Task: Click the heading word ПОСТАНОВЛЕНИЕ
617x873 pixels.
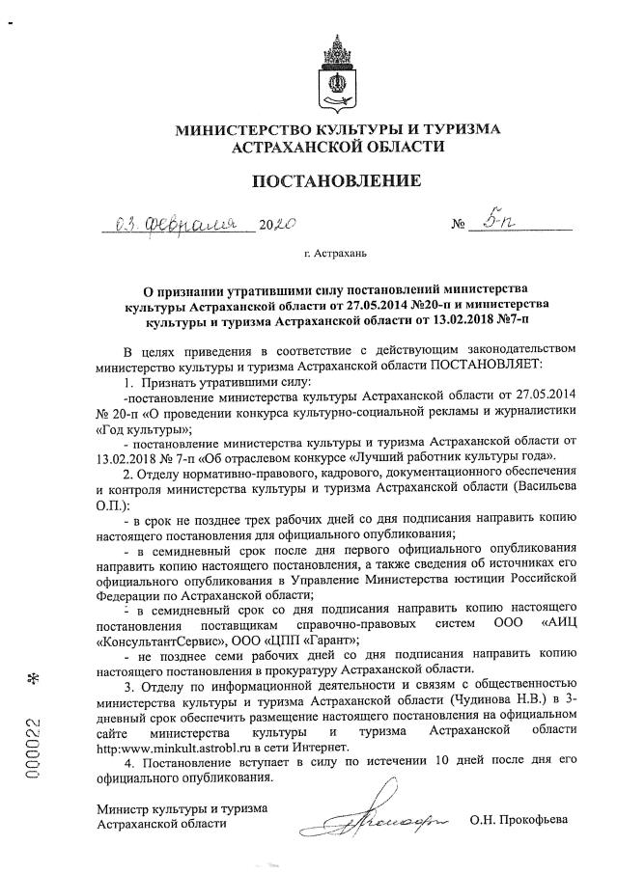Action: pyautogui.click(x=336, y=180)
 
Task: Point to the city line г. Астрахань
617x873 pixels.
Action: pyautogui.click(x=336, y=255)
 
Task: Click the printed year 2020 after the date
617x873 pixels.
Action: pyautogui.click(x=275, y=228)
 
